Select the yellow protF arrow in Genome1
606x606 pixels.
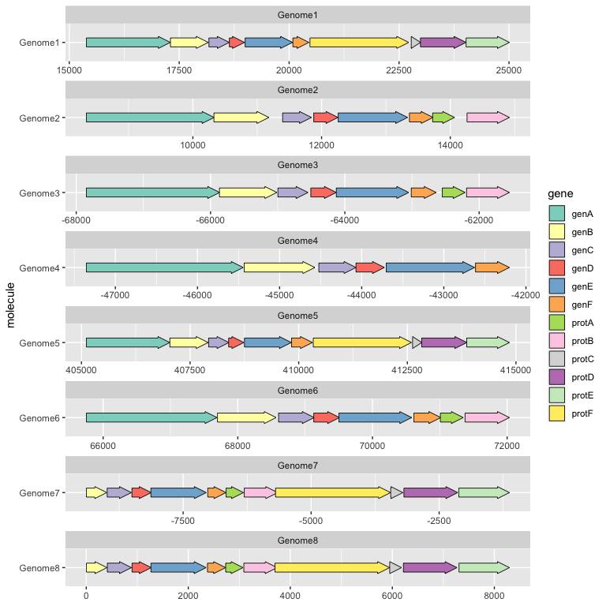coord(359,42)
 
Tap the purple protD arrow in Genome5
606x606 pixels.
coord(443,342)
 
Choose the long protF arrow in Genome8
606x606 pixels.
coord(331,567)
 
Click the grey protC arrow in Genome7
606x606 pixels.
coord(396,492)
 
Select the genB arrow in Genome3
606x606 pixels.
coord(248,193)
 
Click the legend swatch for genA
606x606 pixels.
coord(557,214)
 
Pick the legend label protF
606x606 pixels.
coord(582,413)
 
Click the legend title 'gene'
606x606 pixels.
coord(560,193)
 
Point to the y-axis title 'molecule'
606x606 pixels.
coord(10,305)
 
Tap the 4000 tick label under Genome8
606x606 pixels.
coord(290,594)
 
